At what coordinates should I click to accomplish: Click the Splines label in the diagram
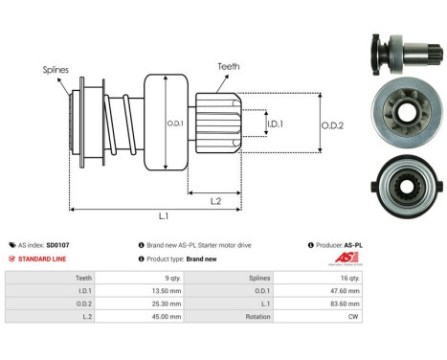click(x=56, y=70)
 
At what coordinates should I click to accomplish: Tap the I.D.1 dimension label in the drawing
click(x=275, y=124)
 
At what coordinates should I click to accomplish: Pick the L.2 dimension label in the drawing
click(x=216, y=199)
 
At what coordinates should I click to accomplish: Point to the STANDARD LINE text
click(x=43, y=259)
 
